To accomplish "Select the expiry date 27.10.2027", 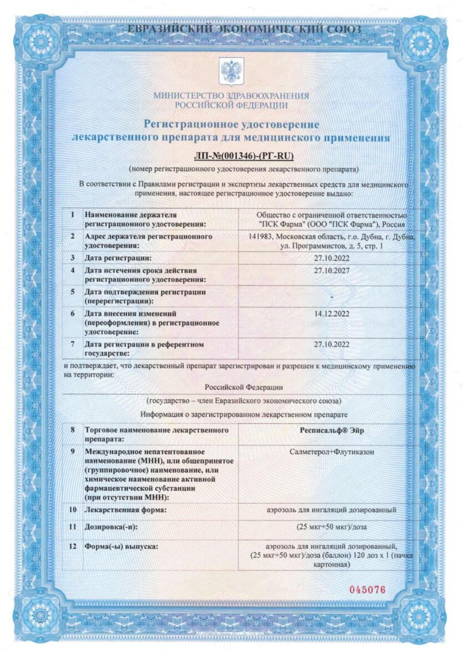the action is [331, 270].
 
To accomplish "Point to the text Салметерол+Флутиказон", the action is [331, 452].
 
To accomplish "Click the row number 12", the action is [73, 547].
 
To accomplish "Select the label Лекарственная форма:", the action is [125, 509].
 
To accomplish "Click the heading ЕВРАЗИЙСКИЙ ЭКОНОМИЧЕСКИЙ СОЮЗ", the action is [244, 29].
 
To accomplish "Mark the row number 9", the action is [73, 452].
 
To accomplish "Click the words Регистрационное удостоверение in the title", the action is [231, 123].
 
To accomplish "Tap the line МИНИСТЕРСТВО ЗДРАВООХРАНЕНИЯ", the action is [231, 95].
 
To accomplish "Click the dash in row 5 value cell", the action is [331, 298].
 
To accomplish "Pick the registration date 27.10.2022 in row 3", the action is [331, 258].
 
